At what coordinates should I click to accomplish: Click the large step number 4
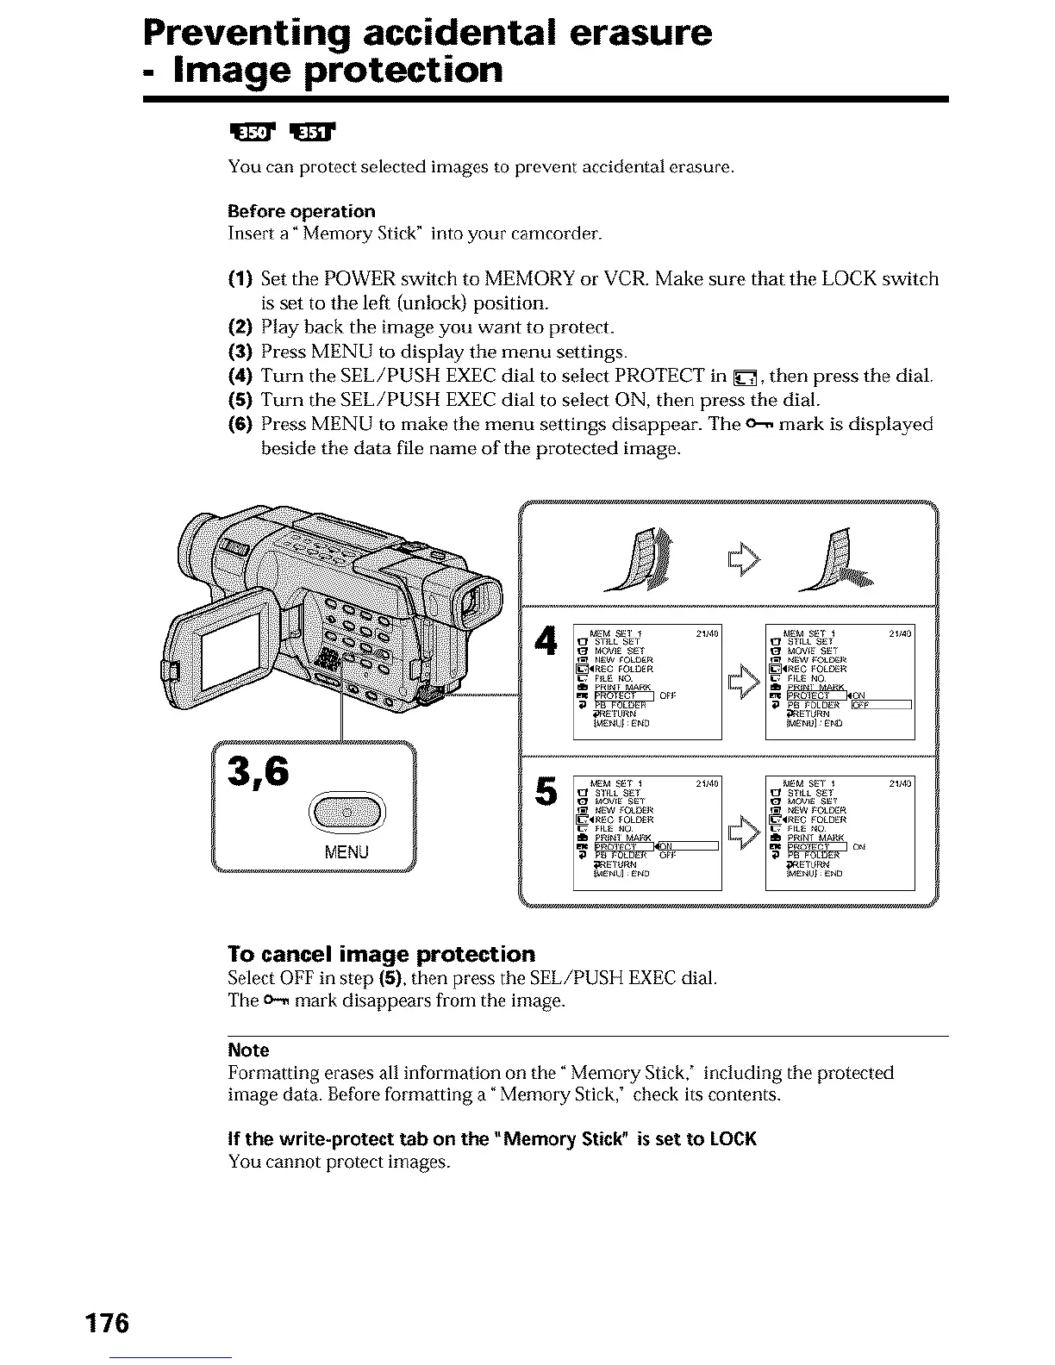pos(544,643)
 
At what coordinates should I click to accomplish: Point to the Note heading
pos(248,1050)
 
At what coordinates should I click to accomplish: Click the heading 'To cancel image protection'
pos(381,954)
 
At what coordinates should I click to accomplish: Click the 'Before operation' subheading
pos(301,211)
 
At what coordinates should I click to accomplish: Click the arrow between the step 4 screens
pos(742,684)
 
